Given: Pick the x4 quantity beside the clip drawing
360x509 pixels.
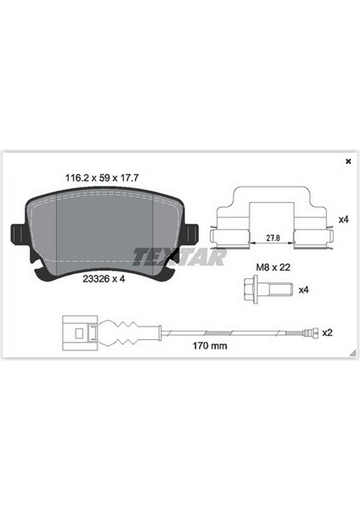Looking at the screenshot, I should tap(343, 219).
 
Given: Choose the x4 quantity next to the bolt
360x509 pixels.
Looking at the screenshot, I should tap(303, 290).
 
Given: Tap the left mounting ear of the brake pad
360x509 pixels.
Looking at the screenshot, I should tap(16, 235).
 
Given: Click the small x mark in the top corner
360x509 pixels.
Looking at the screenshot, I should tap(347, 160).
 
